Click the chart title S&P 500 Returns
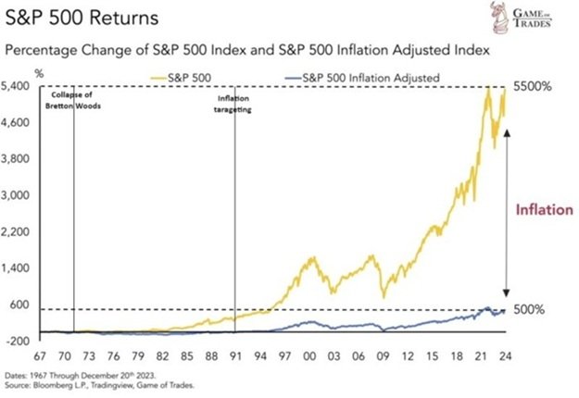tap(69, 19)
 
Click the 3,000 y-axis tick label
tap(20, 195)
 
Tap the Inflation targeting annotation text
tap(235, 103)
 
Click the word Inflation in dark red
tap(544, 210)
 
